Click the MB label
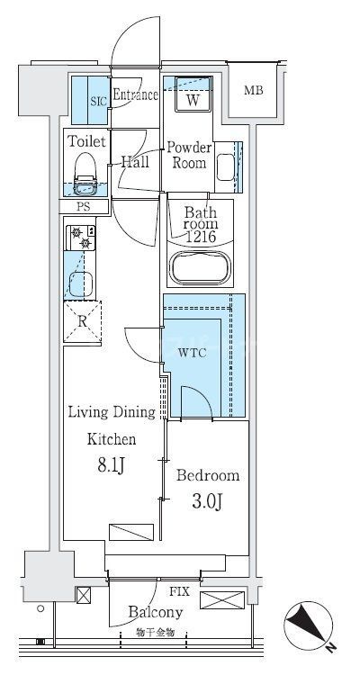pos(253,90)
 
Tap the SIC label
pos(97,101)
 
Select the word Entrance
pos(135,94)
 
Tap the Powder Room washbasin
pos(225,167)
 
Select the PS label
pos(83,207)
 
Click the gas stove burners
pos(81,238)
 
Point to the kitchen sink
pos(81,284)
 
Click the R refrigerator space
pos(82,321)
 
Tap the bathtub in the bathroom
pos(201,267)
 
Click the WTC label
pos(192,354)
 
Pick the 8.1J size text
pos(111,465)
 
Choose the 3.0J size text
pos(207,501)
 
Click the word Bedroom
pos(208,476)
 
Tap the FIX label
pos(179,591)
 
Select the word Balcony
pos(156,612)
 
